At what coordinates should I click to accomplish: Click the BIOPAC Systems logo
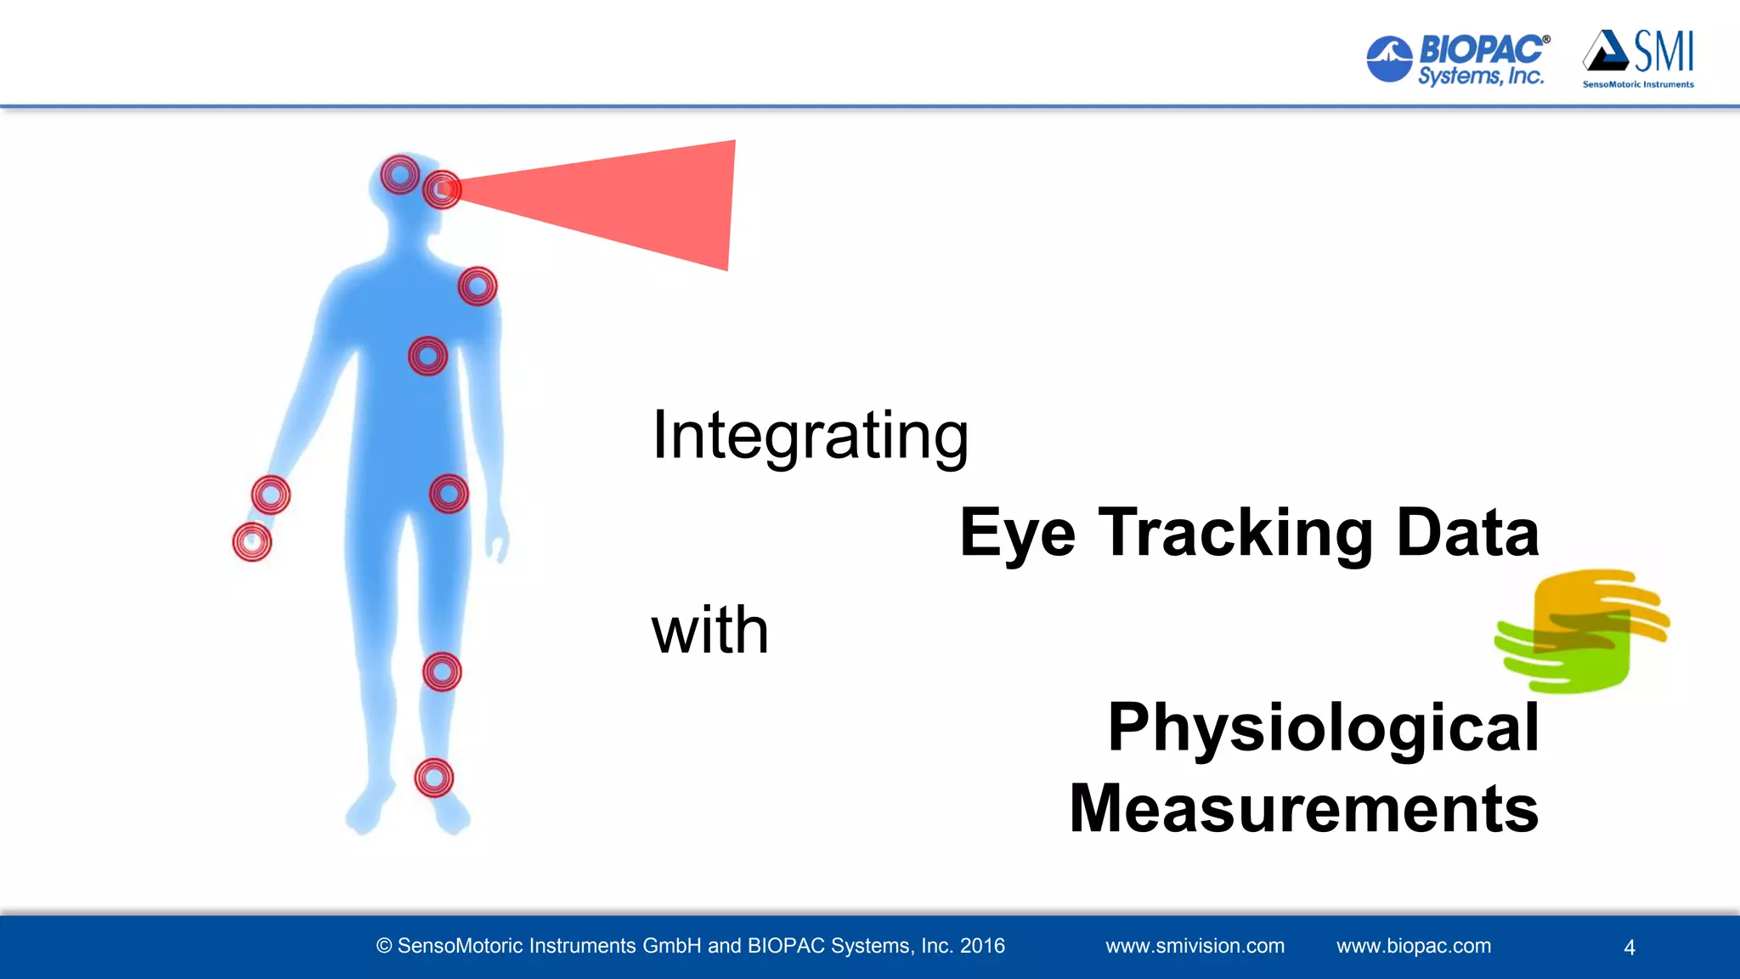[1458, 59]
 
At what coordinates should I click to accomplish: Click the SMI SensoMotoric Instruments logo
[1638, 58]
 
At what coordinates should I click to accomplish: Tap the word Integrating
[810, 435]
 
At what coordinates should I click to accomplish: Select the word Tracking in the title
[1235, 533]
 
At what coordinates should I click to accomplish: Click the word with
[709, 631]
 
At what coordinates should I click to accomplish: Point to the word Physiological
[1323, 727]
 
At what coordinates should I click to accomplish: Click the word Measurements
[1304, 808]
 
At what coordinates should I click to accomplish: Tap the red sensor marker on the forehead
[399, 174]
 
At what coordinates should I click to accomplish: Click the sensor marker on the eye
[441, 190]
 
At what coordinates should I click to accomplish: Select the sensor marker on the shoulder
[477, 286]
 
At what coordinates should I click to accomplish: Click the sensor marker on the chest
[427, 356]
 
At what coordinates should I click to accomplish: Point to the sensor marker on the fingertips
[251, 542]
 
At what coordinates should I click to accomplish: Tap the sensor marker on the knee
[442, 672]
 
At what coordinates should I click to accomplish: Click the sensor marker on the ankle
[433, 778]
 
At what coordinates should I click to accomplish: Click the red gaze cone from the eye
[629, 204]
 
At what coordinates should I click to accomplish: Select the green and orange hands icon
[1582, 631]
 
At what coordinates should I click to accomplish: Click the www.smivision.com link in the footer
[1195, 946]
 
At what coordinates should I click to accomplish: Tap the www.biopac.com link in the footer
[1413, 946]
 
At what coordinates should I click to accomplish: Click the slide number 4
[1629, 948]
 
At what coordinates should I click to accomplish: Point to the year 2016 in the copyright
[982, 946]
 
